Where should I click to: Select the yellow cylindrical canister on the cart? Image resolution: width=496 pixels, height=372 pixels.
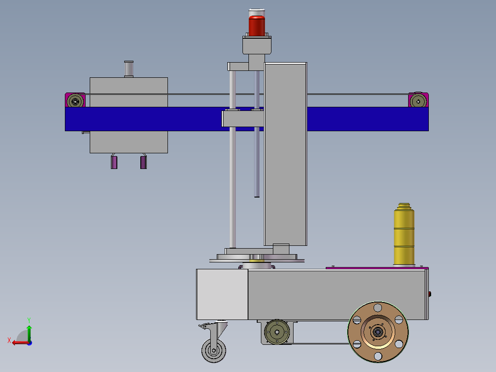pyautogui.click(x=404, y=235)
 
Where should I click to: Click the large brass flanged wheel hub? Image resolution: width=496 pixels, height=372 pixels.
pyautogui.click(x=378, y=331)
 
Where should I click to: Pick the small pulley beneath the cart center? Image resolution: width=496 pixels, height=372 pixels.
pyautogui.click(x=277, y=331)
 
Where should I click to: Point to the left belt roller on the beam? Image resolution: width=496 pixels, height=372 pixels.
pyautogui.click(x=75, y=100)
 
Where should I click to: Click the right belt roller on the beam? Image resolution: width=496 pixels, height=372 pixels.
pyautogui.click(x=418, y=100)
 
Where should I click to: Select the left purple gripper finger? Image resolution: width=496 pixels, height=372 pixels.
pyautogui.click(x=114, y=162)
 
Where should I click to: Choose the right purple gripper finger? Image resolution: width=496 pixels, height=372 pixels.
pyautogui.click(x=144, y=162)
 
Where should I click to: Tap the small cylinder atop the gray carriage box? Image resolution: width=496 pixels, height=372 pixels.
pyautogui.click(x=128, y=69)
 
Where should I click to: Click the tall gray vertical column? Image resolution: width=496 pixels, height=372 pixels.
pyautogui.click(x=285, y=154)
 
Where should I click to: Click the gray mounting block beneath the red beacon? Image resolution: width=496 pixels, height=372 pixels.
pyautogui.click(x=257, y=46)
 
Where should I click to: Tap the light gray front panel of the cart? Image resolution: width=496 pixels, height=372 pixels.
pyautogui.click(x=222, y=294)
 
